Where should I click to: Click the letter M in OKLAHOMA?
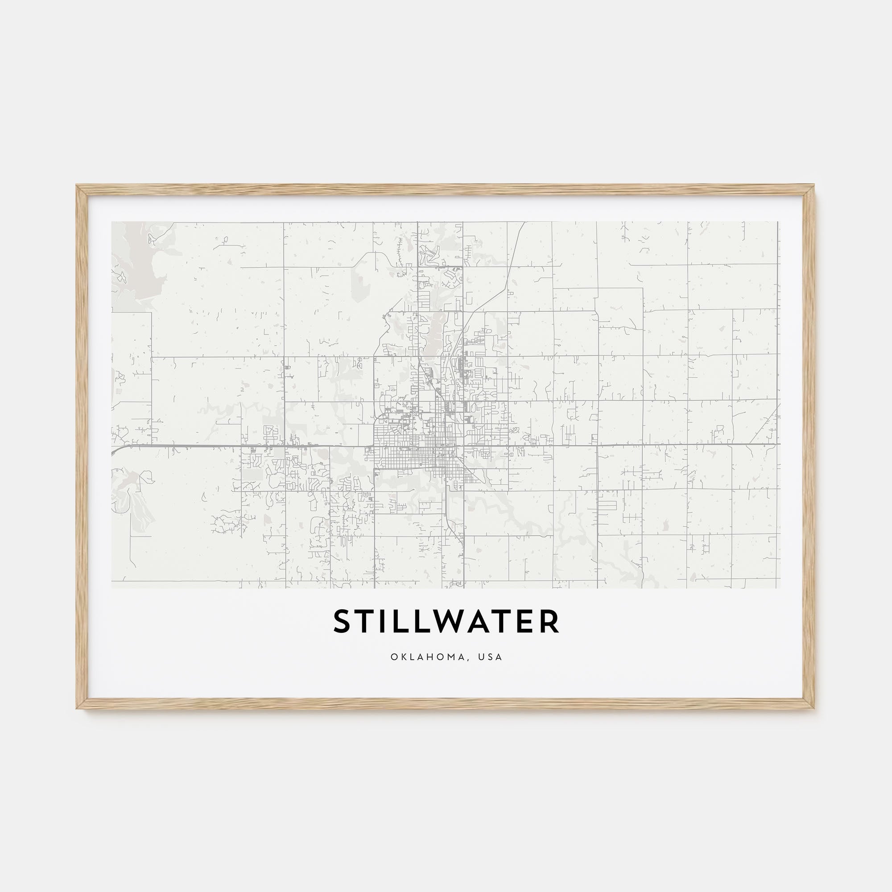[x=456, y=657]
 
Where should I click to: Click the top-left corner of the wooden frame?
[x=78, y=186]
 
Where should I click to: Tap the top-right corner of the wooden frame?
[x=814, y=186]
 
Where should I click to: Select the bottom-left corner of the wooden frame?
[x=78, y=708]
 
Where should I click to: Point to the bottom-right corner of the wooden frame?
[x=814, y=708]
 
